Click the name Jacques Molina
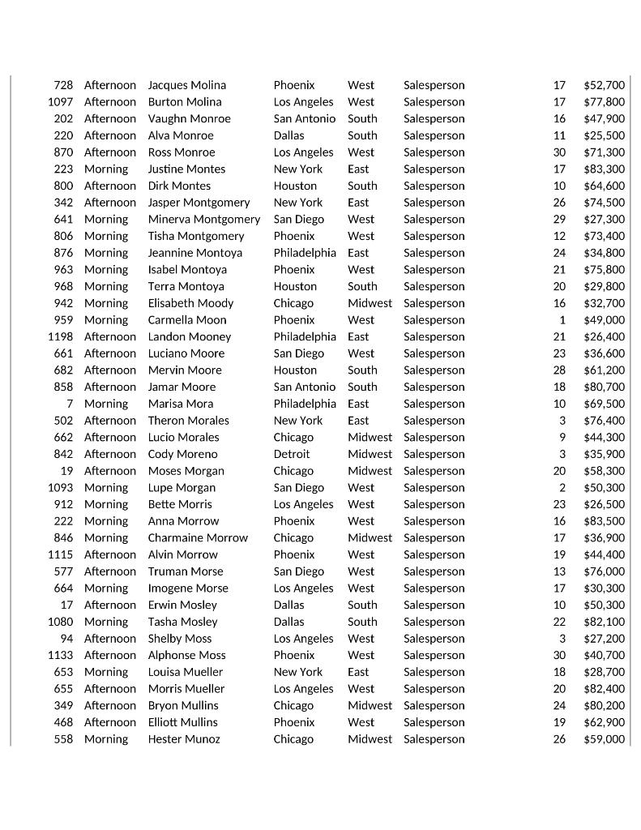click(186, 85)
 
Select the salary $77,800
click(604, 102)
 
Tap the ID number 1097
click(60, 102)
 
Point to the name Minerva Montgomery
click(203, 220)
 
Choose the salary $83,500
click(604, 521)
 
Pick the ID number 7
click(70, 404)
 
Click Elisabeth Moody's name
click(190, 303)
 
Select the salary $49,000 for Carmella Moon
click(604, 320)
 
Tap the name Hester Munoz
click(183, 739)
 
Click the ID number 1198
click(60, 336)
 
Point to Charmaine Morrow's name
click(198, 538)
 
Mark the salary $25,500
click(604, 135)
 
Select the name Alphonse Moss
click(186, 655)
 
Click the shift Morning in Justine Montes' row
click(106, 169)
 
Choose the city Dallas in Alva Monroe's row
click(288, 135)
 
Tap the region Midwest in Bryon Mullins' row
click(370, 705)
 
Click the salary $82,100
click(604, 622)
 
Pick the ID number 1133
click(60, 655)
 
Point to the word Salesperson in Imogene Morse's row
click(434, 588)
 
